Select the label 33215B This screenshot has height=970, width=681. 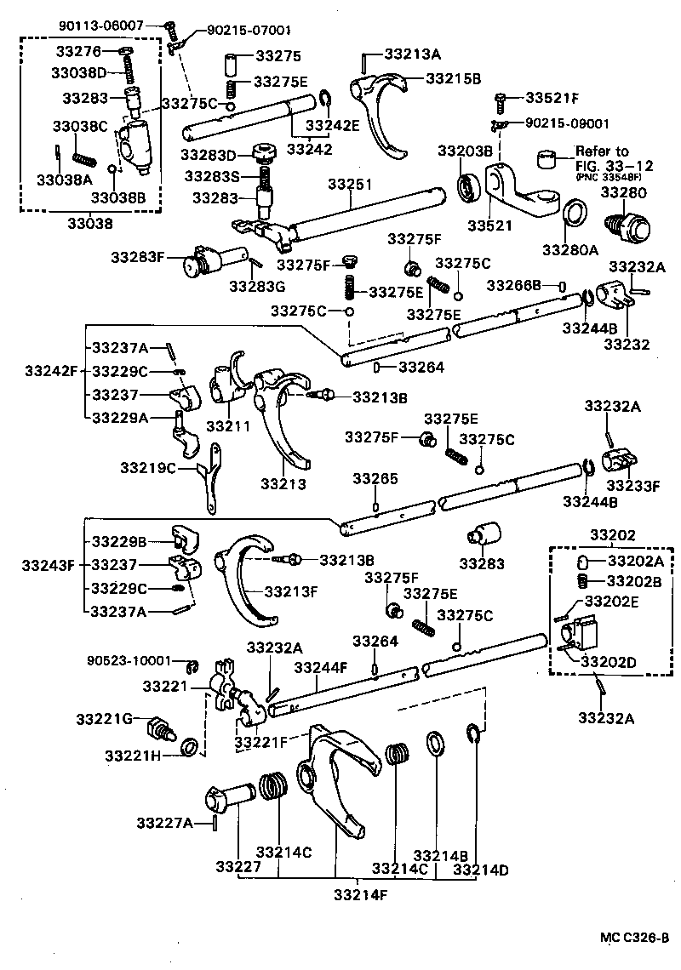453,78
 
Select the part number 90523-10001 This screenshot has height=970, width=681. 129,660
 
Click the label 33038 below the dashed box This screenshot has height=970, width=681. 89,224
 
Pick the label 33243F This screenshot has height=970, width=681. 50,564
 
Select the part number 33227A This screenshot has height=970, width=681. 164,822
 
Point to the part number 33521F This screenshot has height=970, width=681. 552,97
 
